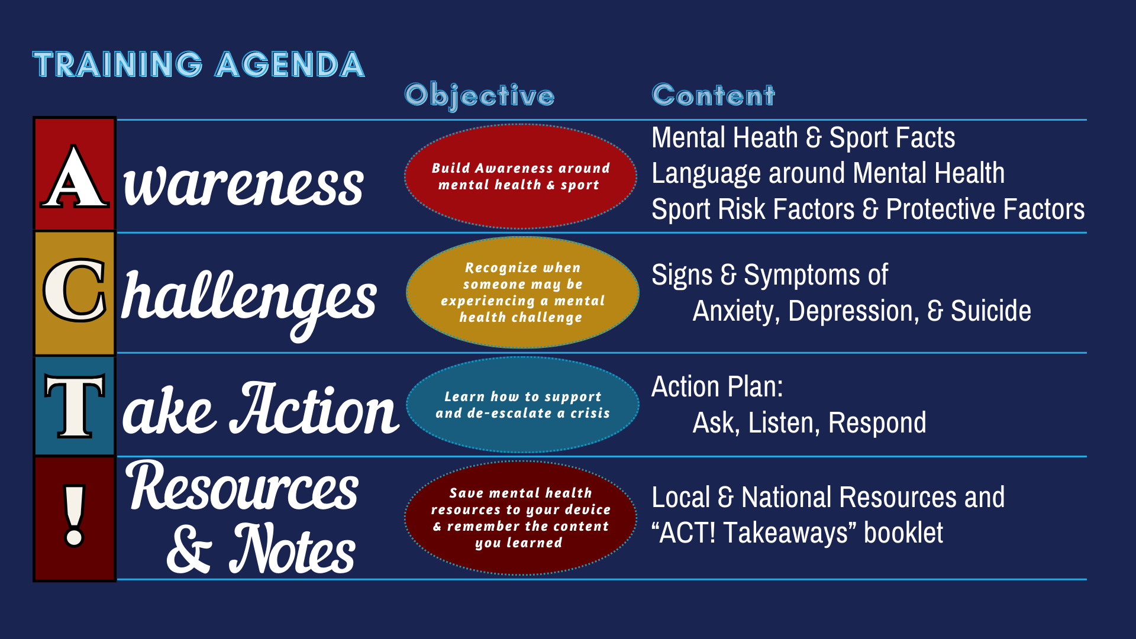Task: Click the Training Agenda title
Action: click(199, 64)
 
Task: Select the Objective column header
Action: click(479, 96)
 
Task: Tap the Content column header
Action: click(713, 95)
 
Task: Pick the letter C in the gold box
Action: click(75, 290)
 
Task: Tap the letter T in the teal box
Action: click(75, 406)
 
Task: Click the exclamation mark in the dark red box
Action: click(75, 515)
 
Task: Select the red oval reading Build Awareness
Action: click(521, 176)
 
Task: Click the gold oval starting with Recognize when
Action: click(522, 292)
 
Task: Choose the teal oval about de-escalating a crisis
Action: click(522, 405)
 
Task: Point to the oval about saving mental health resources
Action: click(521, 518)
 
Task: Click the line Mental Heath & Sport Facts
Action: click(803, 138)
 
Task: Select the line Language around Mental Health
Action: click(828, 173)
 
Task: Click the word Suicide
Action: click(990, 311)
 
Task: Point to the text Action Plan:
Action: click(717, 387)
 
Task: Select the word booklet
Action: click(903, 532)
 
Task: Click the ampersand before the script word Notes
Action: click(189, 548)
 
